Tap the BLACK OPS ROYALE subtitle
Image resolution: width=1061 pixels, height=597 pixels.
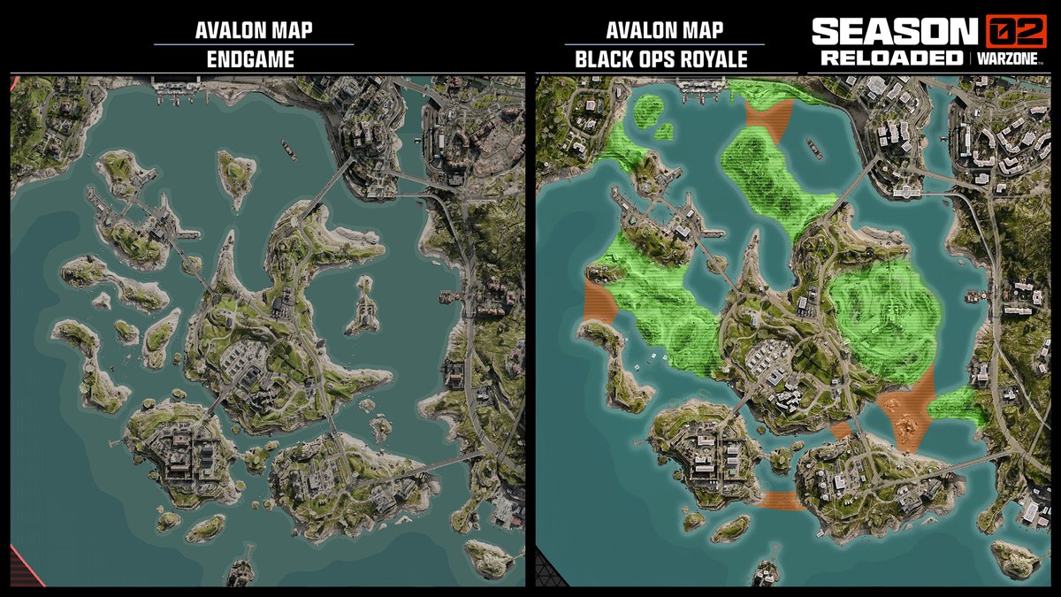pyautogui.click(x=661, y=59)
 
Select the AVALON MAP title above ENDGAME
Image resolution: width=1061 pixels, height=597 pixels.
pyautogui.click(x=253, y=29)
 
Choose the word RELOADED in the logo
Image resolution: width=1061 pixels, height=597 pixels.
pyautogui.click(x=889, y=57)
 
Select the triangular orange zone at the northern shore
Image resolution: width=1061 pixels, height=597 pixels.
pyautogui.click(x=768, y=119)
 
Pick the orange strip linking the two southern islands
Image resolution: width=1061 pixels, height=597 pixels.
pyautogui.click(x=782, y=500)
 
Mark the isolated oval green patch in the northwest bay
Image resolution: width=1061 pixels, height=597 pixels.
pyautogui.click(x=655, y=114)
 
